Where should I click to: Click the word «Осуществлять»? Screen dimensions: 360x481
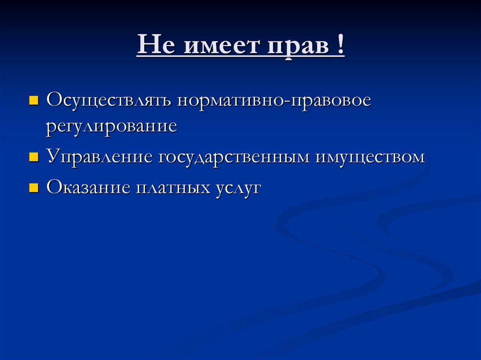(x=109, y=101)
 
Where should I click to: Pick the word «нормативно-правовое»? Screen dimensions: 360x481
(x=274, y=101)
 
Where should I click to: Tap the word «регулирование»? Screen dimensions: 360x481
(x=111, y=127)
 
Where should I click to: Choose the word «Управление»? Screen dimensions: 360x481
(x=100, y=157)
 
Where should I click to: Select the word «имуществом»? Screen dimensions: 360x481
(x=370, y=157)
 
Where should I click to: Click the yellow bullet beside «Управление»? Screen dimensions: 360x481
(x=33, y=157)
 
